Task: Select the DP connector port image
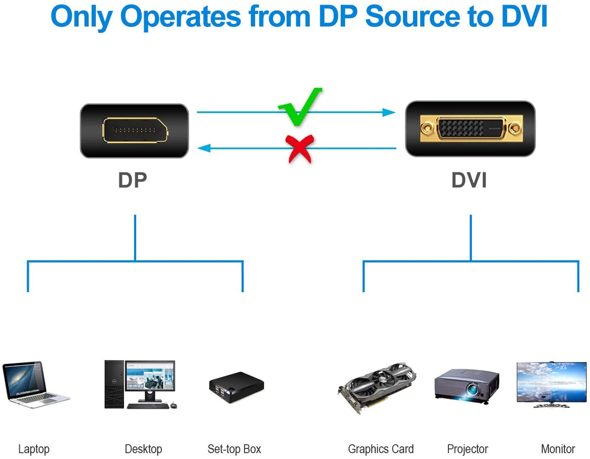(x=134, y=131)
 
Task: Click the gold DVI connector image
(x=470, y=129)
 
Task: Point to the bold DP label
(x=132, y=180)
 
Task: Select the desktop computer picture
(x=140, y=385)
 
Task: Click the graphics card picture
(x=377, y=386)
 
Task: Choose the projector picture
(x=466, y=384)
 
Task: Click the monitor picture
(x=551, y=384)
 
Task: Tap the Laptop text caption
(x=34, y=449)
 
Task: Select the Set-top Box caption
(x=234, y=449)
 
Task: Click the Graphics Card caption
(x=381, y=449)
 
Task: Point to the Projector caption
(x=467, y=449)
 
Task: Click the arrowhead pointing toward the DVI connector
(x=389, y=112)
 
